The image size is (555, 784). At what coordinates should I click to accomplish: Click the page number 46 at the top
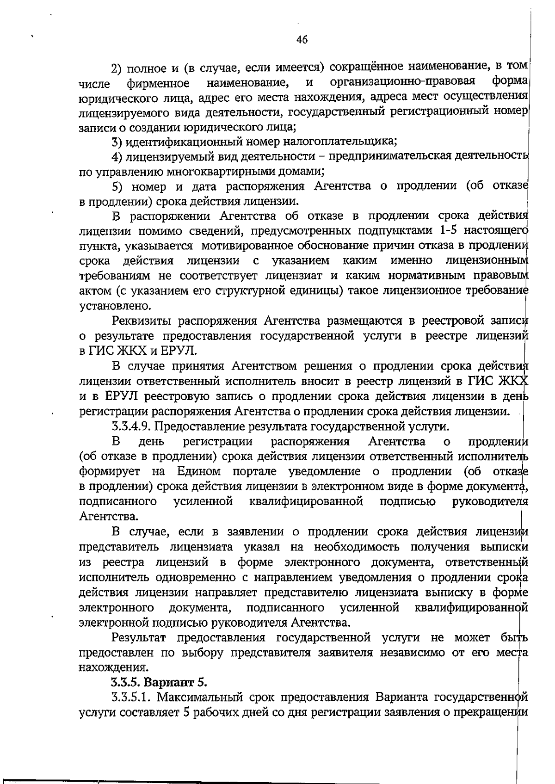302,40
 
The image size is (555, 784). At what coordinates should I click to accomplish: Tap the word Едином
198,471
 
